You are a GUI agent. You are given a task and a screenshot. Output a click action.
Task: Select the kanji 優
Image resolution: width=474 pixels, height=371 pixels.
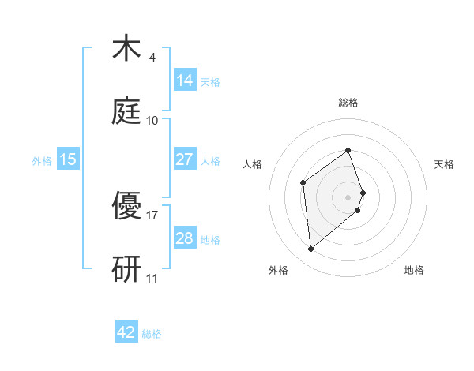click(x=127, y=205)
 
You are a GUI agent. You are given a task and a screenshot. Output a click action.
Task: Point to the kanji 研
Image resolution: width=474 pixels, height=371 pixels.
click(x=127, y=267)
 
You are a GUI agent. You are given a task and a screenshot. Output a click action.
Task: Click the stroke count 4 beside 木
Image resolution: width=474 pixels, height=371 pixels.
click(x=152, y=58)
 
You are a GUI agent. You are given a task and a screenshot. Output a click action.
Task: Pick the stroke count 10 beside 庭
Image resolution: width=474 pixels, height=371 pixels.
click(x=152, y=120)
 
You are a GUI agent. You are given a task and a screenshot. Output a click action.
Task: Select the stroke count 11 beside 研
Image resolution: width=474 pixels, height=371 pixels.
click(x=152, y=278)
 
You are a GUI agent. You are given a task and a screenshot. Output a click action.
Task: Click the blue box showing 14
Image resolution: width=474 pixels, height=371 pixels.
click(x=185, y=81)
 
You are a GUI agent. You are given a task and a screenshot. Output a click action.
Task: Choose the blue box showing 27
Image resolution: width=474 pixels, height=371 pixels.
click(x=185, y=159)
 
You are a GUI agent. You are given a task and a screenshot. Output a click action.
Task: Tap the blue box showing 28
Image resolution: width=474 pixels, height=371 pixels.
click(x=185, y=238)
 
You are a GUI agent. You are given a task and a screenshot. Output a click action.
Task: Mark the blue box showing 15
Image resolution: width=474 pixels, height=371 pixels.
click(x=68, y=159)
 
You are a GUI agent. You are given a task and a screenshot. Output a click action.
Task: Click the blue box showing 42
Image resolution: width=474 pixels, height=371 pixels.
click(x=126, y=332)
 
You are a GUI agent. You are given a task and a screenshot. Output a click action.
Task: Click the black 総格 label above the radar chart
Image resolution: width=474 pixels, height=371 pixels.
click(x=348, y=103)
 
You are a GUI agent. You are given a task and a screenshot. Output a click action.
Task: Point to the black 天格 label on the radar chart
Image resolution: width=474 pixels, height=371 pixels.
click(x=444, y=164)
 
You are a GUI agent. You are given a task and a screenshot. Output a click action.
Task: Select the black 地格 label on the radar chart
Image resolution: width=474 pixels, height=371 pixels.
click(x=414, y=270)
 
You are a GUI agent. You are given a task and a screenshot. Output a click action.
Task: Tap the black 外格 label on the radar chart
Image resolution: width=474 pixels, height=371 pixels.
click(x=278, y=270)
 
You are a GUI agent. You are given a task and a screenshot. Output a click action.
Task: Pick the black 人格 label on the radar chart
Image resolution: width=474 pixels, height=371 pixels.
click(x=252, y=164)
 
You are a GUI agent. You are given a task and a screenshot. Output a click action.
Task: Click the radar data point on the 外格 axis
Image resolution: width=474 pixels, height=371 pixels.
click(x=311, y=249)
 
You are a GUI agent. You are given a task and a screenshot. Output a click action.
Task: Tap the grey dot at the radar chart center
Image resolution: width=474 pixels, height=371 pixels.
click(x=348, y=196)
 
